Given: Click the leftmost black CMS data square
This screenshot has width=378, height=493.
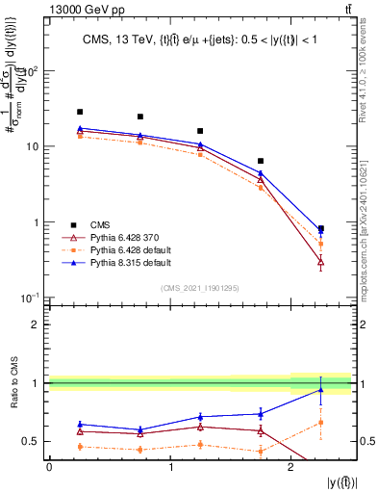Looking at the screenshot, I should coord(80,112).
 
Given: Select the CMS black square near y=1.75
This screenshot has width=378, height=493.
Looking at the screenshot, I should coord(261,161).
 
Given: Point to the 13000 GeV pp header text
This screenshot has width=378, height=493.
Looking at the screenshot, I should coord(44,9).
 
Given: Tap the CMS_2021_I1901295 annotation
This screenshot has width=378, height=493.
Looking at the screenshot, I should coord(199,288).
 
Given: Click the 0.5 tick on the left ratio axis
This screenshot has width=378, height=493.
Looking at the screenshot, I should coord(33,442).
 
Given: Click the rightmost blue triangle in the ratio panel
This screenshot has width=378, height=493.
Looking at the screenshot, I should coord(320,390).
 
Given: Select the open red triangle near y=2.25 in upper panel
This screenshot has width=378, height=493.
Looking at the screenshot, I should coord(320,261).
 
